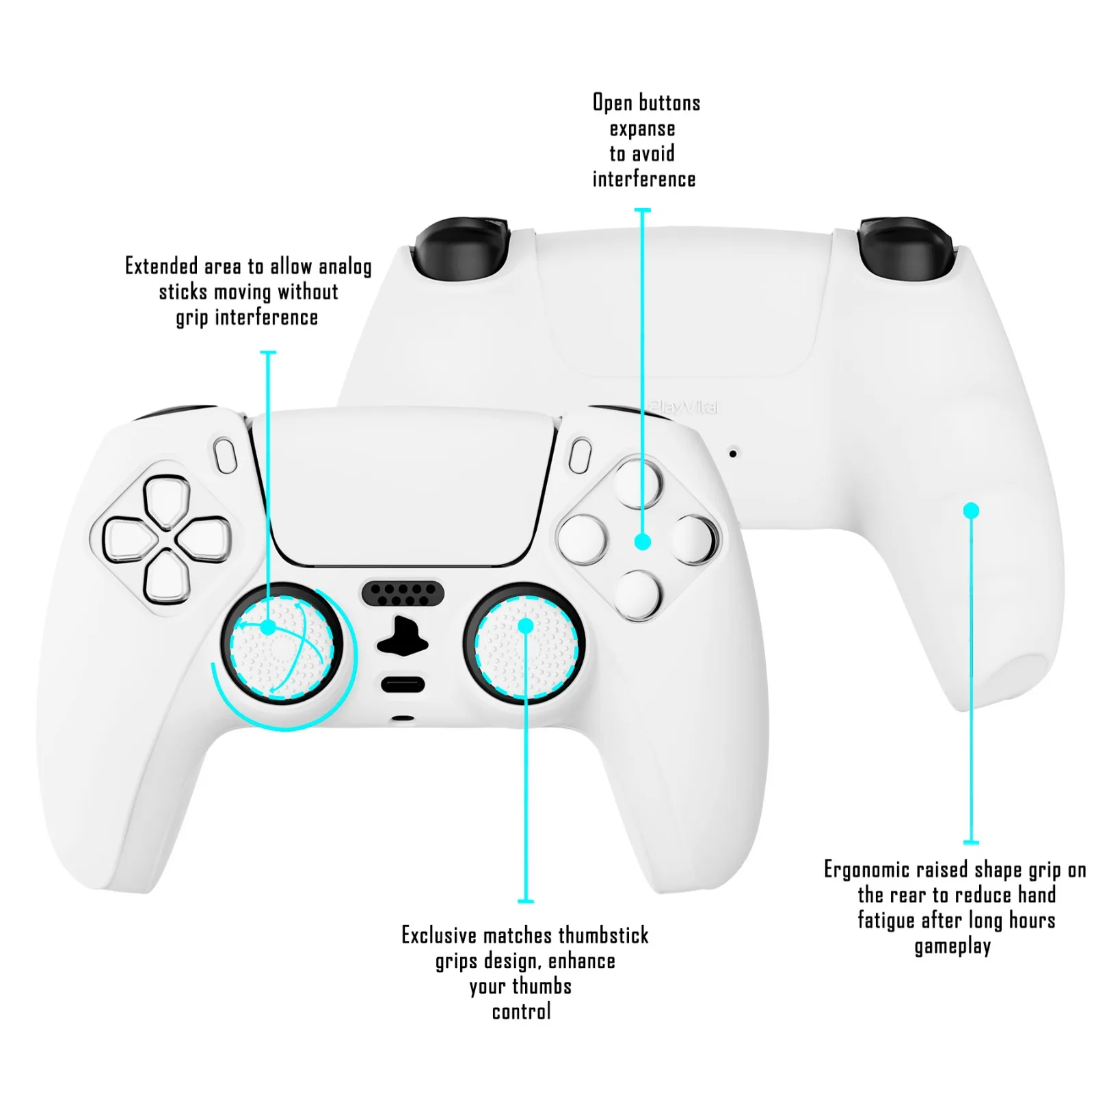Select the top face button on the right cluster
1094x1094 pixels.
tap(638, 483)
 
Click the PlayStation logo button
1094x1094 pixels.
tap(402, 637)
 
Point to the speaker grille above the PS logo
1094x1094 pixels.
tap(402, 593)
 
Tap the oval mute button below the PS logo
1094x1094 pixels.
tap(402, 684)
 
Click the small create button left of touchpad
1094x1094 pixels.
tap(225, 455)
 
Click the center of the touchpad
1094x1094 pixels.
tap(403, 489)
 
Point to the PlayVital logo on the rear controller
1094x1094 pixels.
tap(684, 408)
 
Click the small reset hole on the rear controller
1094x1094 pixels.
tap(732, 453)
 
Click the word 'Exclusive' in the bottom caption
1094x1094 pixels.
tap(438, 935)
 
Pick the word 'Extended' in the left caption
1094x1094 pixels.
tap(161, 266)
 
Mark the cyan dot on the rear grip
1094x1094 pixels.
tap(971, 511)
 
